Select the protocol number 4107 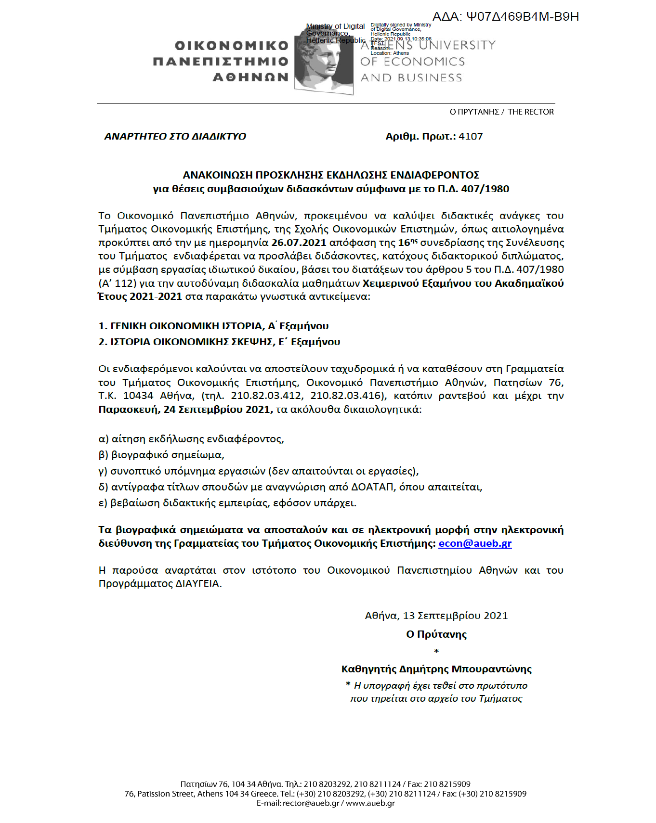point(471,136)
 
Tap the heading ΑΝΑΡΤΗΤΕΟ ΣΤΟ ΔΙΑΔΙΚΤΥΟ point(175,136)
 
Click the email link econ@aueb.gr point(475,543)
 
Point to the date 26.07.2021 point(299,243)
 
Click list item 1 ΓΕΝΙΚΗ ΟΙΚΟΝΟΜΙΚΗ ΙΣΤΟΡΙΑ point(213,326)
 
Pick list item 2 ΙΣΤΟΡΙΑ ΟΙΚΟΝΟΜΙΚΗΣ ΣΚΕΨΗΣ point(219,342)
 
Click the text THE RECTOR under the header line point(530,112)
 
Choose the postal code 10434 point(138,396)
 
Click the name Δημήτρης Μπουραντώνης point(465,669)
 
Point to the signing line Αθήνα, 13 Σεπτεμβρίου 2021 point(436,616)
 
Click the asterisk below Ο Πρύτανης point(436,652)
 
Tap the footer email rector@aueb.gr point(311,803)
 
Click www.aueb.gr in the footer point(370,803)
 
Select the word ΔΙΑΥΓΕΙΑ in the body point(197,584)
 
